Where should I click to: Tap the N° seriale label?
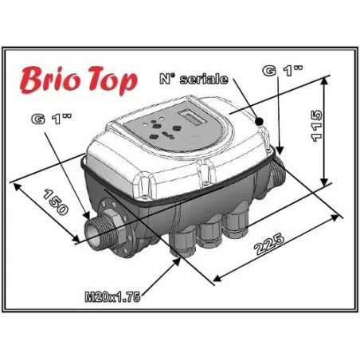[194, 80]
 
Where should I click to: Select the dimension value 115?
[318, 126]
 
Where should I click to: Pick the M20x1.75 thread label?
[112, 297]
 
